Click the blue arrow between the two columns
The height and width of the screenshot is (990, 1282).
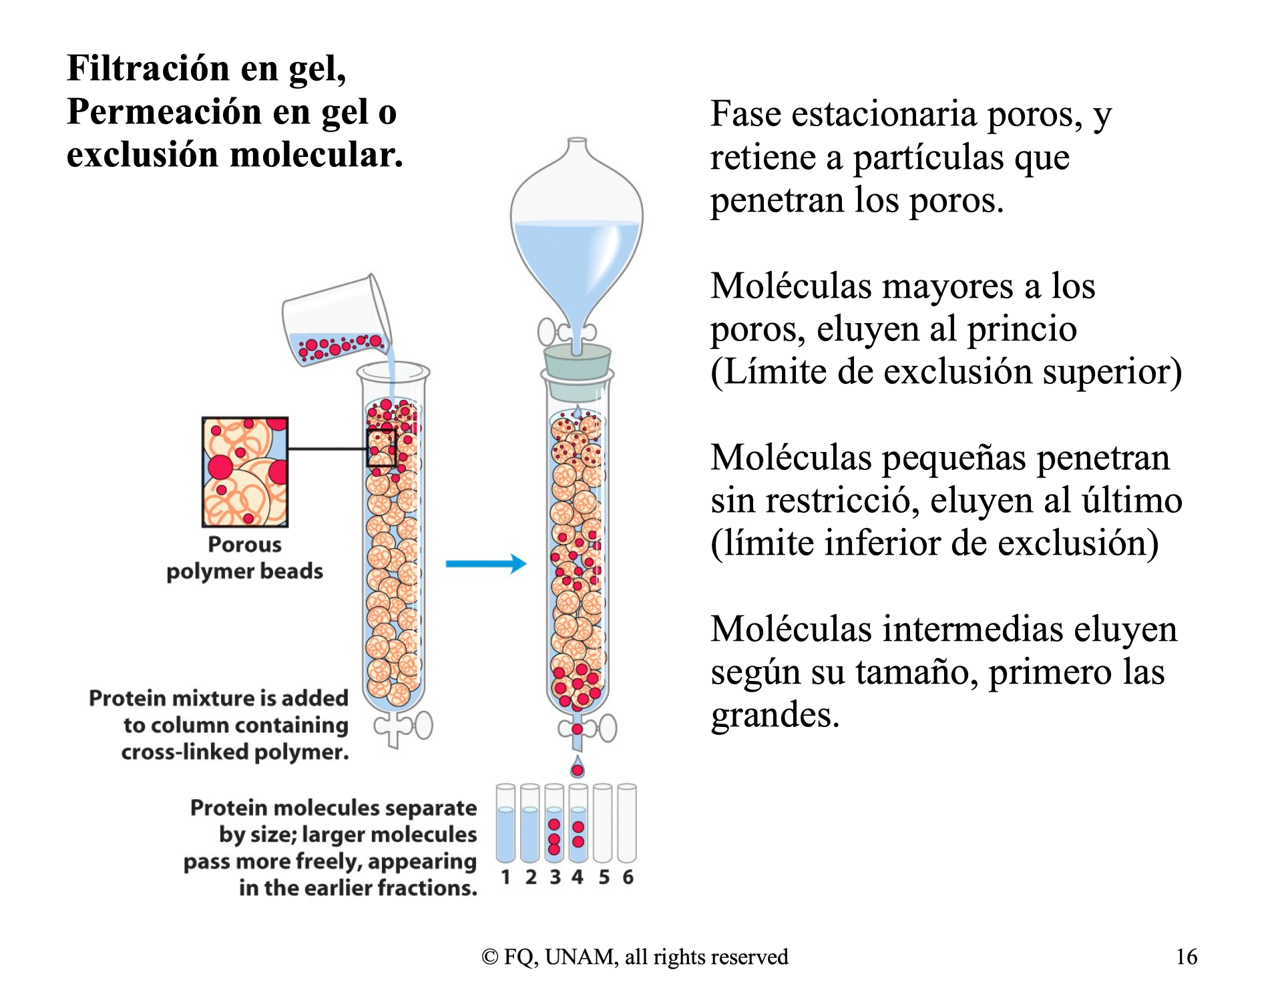coord(486,563)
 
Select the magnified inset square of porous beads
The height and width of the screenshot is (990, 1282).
coord(245,472)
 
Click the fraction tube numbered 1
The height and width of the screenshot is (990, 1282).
coord(505,823)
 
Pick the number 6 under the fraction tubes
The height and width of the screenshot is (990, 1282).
coord(628,877)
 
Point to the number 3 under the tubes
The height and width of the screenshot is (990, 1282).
coord(555,877)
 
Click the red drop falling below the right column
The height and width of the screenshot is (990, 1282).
coord(578,768)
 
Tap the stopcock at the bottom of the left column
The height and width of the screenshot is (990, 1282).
coord(403,727)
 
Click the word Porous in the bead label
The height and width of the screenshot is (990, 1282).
coord(245,545)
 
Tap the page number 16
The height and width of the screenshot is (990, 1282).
coord(1187,957)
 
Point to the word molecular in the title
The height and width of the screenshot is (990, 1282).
coord(316,155)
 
